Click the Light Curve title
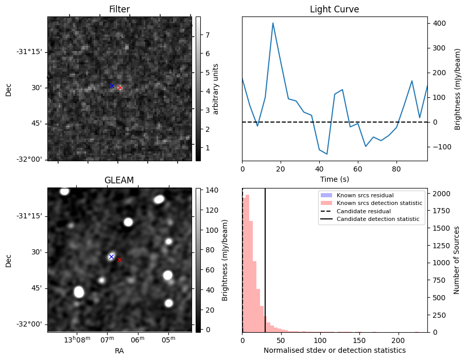tap(334, 9)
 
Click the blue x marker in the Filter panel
tap(112, 85)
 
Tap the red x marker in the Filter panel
tap(120, 88)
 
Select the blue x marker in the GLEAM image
tap(111, 256)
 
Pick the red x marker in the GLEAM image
tap(119, 260)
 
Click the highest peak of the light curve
tap(273, 23)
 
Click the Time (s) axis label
tap(334, 179)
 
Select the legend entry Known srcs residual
tap(365, 195)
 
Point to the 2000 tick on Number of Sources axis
tap(440, 194)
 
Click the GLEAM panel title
tap(119, 180)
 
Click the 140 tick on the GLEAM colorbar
tap(212, 190)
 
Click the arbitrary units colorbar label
tap(216, 89)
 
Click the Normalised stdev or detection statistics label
tap(334, 350)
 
